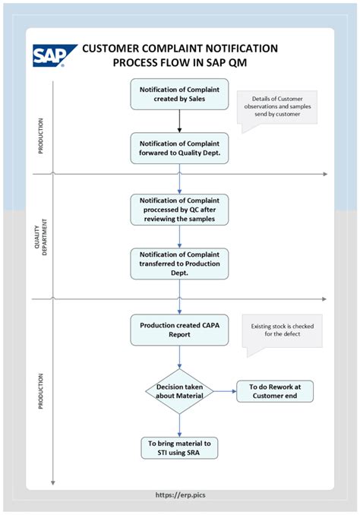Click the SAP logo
55,55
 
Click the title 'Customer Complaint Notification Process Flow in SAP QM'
180,55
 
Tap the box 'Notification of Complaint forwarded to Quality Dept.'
179,147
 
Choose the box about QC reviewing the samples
179,209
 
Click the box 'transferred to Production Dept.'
179,263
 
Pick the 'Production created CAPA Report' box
179,330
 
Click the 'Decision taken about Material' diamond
179,392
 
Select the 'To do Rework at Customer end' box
275,392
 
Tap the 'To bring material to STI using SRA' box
179,447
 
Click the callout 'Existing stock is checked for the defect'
282,331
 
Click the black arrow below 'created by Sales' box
179,121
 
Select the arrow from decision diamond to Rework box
224,392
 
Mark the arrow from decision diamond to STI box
179,425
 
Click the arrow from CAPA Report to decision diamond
179,359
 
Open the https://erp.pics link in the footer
180,495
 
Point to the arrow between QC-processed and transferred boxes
179,235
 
